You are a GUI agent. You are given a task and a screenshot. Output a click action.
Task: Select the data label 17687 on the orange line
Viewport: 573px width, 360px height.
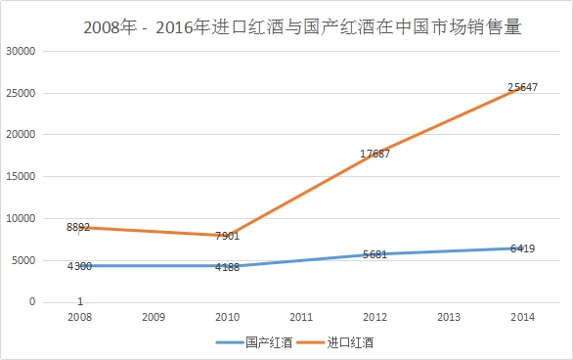coord(375,154)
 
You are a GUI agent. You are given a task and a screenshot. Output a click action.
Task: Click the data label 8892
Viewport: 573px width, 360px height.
coord(78,227)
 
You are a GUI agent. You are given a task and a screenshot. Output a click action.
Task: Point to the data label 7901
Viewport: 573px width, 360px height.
coord(227,236)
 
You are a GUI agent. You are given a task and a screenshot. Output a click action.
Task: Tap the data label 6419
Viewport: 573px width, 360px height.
coord(523,249)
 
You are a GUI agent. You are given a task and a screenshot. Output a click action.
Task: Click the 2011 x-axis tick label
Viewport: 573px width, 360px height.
coord(301,317)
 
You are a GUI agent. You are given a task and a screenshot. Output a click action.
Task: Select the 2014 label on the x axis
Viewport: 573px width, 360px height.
coord(523,317)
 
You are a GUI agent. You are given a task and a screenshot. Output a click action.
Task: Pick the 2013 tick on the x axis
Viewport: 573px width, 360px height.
coord(449,317)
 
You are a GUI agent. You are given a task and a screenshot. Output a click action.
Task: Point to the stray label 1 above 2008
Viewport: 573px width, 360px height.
coord(79,301)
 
